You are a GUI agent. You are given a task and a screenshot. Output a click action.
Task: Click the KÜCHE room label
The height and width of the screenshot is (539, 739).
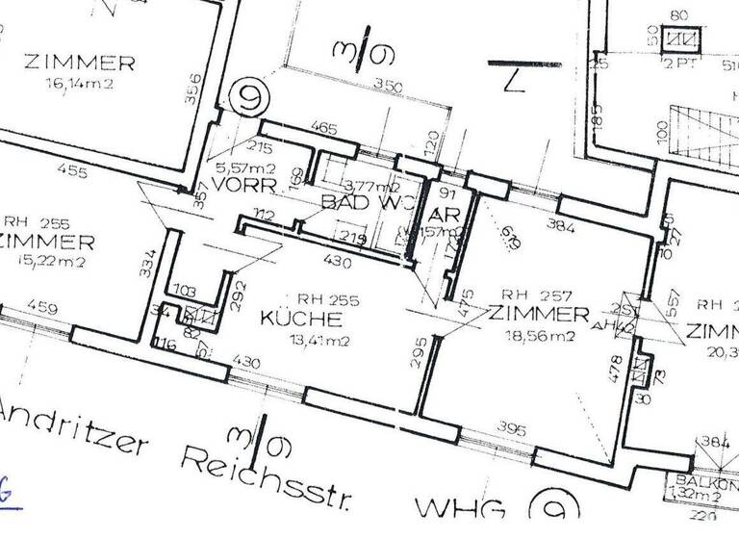[298, 318]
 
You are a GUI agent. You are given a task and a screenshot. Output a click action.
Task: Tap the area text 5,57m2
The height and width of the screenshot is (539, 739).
[235, 166]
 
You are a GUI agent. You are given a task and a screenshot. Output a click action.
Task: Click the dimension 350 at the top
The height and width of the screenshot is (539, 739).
[386, 85]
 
